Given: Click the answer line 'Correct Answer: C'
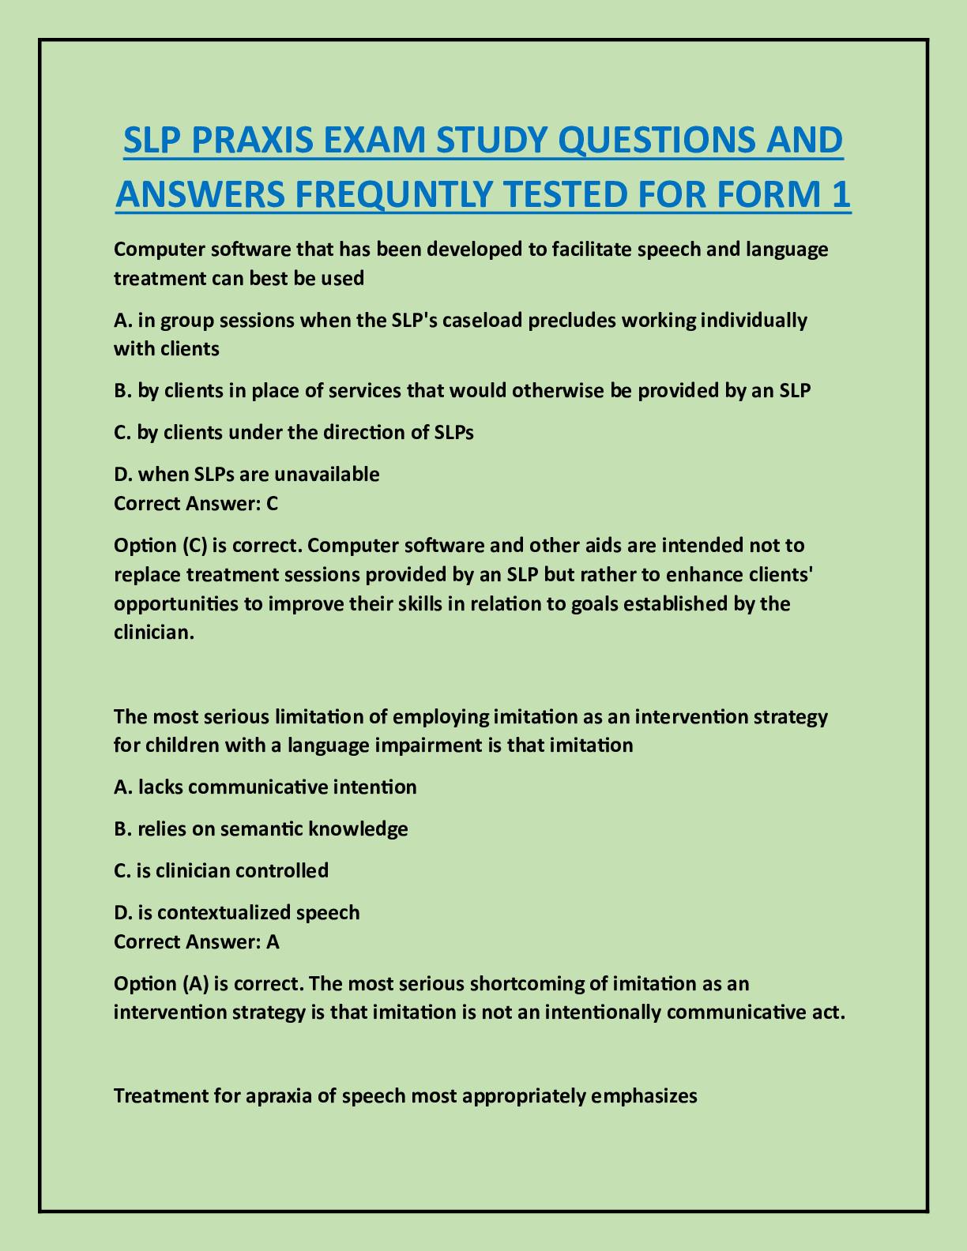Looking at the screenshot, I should pyautogui.click(x=196, y=504).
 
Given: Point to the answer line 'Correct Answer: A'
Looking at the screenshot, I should pyautogui.click(x=197, y=941).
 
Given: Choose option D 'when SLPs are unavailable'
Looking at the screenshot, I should pyautogui.click(x=246, y=475).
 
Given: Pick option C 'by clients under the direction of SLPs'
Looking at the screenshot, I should pyautogui.click(x=294, y=433).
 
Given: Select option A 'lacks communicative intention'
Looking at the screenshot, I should pyautogui.click(x=265, y=787).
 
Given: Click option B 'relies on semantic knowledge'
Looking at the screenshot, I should pyautogui.click(x=261, y=829).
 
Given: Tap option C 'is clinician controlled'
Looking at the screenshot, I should pyautogui.click(x=221, y=871).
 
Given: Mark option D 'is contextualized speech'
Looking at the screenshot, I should pyautogui.click(x=237, y=913).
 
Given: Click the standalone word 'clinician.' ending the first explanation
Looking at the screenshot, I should pyautogui.click(x=154, y=633).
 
